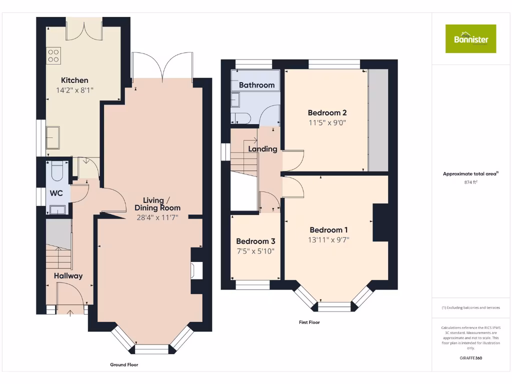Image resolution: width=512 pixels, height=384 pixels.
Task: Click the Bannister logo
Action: [x=471, y=38]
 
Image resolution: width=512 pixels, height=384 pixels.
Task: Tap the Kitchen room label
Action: [x=74, y=80]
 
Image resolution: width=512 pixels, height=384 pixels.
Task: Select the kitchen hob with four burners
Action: [x=53, y=55]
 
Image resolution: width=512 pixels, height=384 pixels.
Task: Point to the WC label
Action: [x=56, y=193]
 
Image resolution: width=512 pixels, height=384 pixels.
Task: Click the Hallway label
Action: [x=68, y=275]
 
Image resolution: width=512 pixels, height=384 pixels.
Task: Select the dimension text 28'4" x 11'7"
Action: [x=157, y=217]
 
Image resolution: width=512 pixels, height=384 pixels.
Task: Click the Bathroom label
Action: [x=256, y=85]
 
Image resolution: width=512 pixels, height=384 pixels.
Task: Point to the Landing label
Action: [x=262, y=148]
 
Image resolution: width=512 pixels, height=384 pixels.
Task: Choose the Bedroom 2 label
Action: [x=327, y=112]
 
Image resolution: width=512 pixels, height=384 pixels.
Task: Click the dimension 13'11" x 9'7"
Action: [x=328, y=239]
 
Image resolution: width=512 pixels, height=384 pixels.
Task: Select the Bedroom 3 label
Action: [x=255, y=241]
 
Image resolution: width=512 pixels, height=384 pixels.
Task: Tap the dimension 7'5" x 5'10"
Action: [x=255, y=251]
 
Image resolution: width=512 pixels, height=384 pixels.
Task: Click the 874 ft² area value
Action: [x=470, y=182]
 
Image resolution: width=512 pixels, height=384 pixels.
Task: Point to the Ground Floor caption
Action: [x=124, y=365]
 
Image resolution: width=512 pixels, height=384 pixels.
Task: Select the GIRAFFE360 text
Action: [x=470, y=358]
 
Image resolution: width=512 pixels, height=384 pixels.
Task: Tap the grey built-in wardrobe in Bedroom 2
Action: [x=378, y=120]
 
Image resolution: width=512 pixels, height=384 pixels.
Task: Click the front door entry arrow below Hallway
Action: [x=69, y=313]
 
